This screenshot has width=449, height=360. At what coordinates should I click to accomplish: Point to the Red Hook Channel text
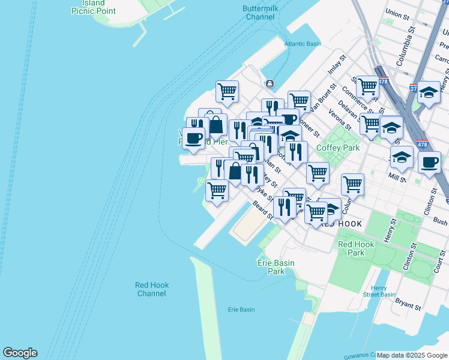[151, 289]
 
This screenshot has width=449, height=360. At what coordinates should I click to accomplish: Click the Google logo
[20, 353]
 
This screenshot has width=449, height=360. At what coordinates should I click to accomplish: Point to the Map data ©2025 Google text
[412, 355]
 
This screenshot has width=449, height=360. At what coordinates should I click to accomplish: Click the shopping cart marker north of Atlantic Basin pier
[228, 91]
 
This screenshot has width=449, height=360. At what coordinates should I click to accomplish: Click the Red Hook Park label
[351, 248]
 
